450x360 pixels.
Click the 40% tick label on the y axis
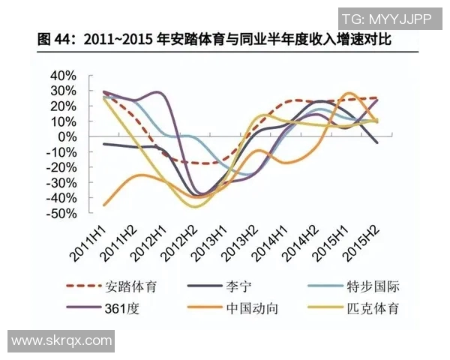(x=63, y=76)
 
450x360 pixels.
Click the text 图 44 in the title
(x=56, y=38)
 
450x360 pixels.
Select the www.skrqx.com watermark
(x=61, y=341)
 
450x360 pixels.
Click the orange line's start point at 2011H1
(x=104, y=204)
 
